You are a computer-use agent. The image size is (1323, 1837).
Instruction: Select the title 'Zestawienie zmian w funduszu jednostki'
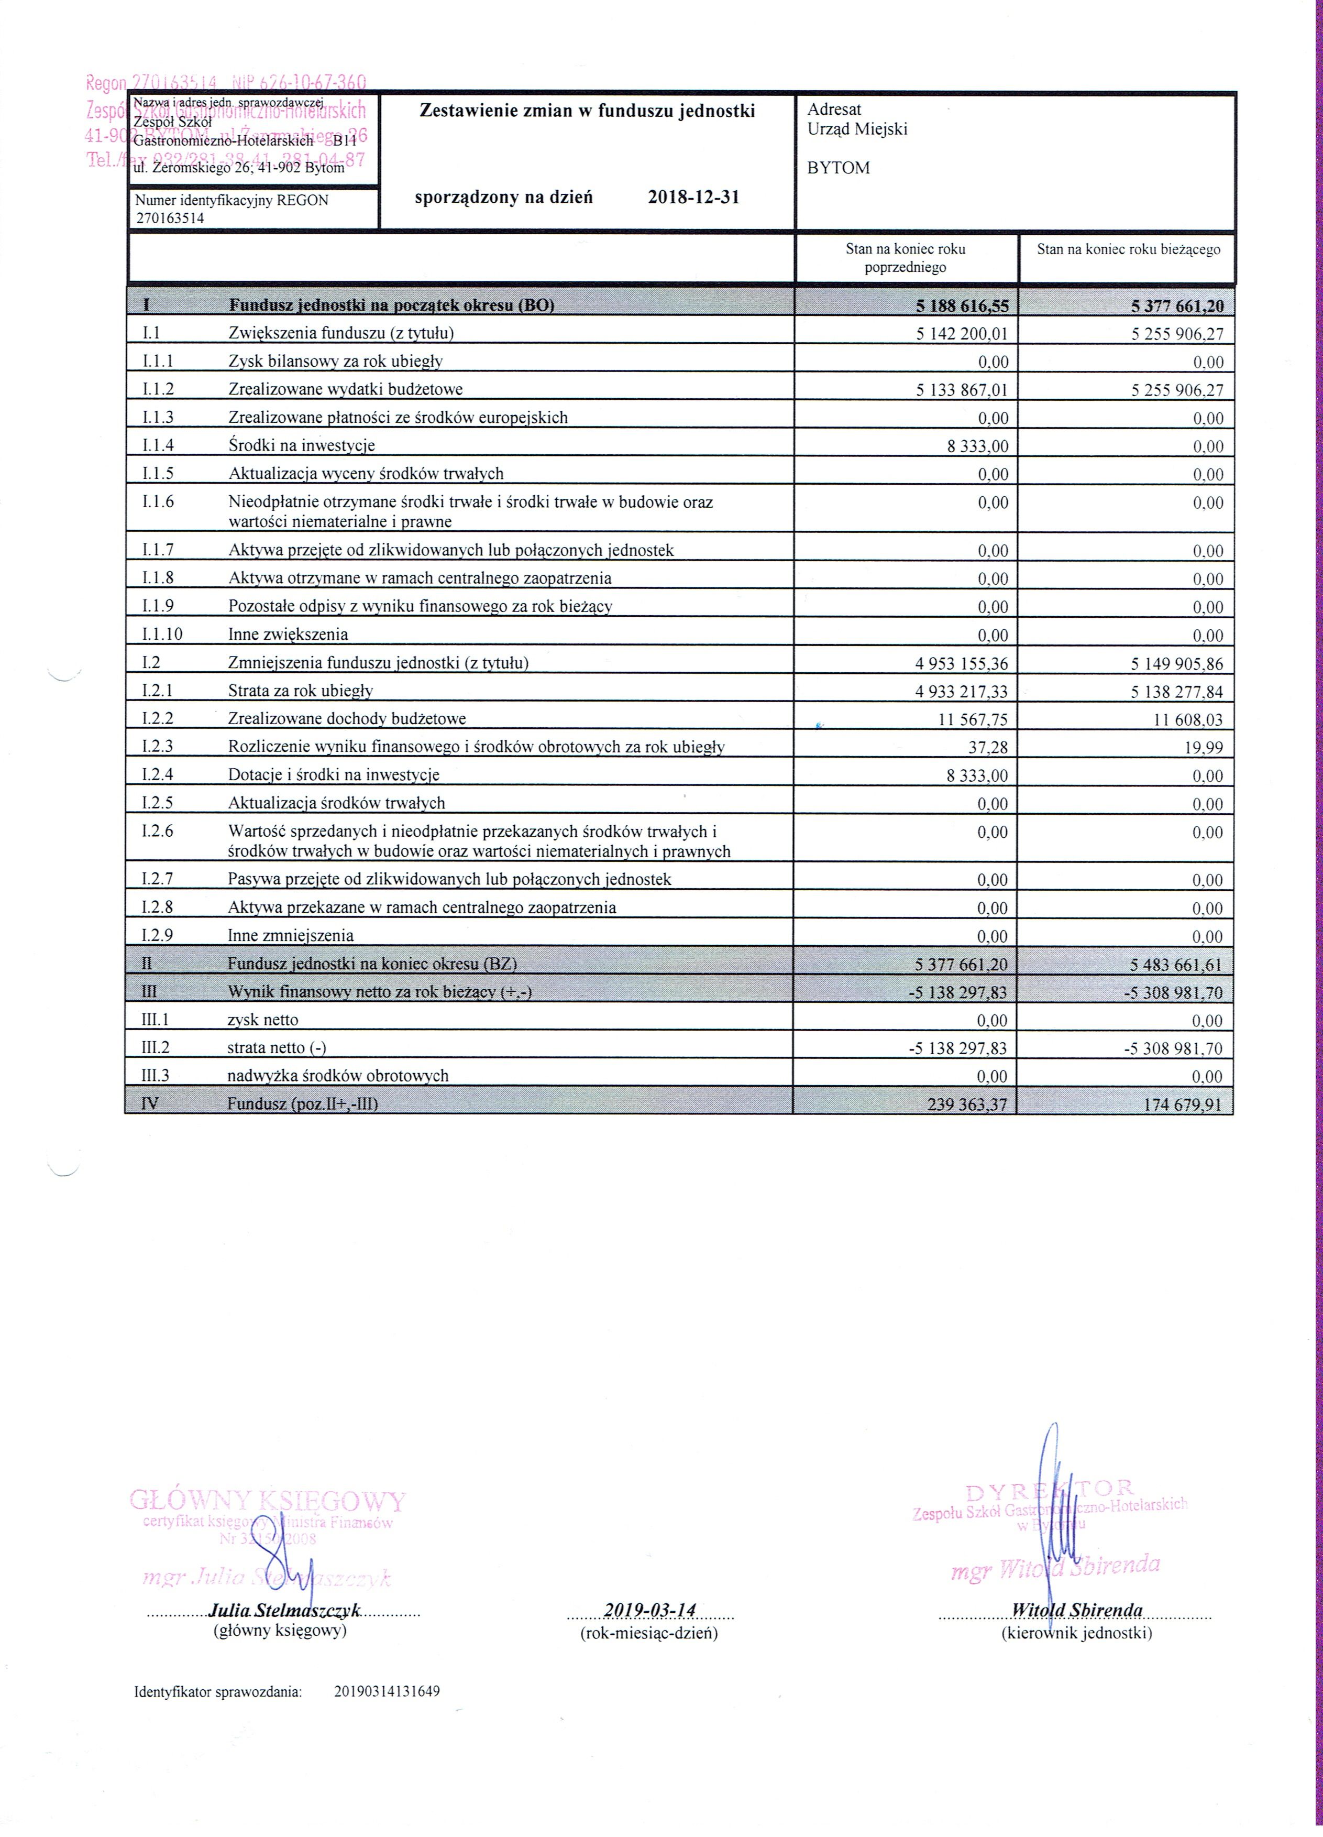587,111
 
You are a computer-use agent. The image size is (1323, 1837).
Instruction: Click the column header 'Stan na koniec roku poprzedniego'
905,258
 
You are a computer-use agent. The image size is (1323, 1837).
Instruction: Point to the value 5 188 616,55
962,306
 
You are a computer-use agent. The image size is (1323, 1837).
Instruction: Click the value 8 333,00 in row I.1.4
977,445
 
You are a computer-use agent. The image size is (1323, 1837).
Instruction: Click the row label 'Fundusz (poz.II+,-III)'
302,1103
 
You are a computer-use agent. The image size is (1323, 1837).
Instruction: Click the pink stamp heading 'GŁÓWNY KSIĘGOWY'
267,1500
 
